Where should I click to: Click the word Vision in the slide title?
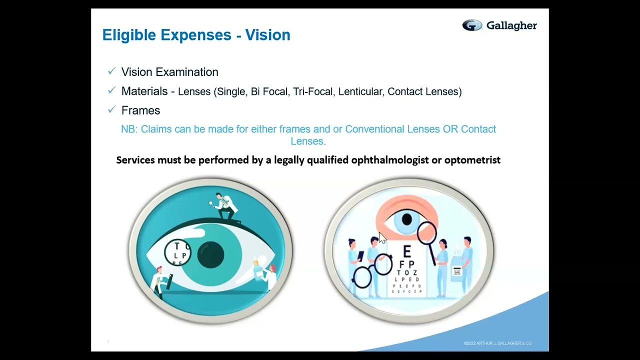pyautogui.click(x=267, y=35)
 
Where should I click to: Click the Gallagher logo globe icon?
pyautogui.click(x=471, y=25)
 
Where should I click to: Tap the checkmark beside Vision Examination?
pyautogui.click(x=111, y=71)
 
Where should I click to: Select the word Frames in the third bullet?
pyautogui.click(x=140, y=110)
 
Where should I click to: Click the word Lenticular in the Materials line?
pyautogui.click(x=360, y=91)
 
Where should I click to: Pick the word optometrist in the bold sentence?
pyautogui.click(x=472, y=160)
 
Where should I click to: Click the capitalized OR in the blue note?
pyautogui.click(x=449, y=129)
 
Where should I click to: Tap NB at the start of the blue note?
pyautogui.click(x=128, y=129)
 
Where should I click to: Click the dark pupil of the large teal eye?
pyautogui.click(x=210, y=254)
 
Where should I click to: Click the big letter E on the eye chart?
pyautogui.click(x=406, y=251)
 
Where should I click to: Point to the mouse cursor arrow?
pyautogui.click(x=382, y=238)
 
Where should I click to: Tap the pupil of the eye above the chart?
pyautogui.click(x=406, y=219)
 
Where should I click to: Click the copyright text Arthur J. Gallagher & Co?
pyautogui.click(x=497, y=343)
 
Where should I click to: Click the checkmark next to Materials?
pyautogui.click(x=111, y=90)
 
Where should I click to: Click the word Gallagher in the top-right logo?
pyautogui.click(x=511, y=25)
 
